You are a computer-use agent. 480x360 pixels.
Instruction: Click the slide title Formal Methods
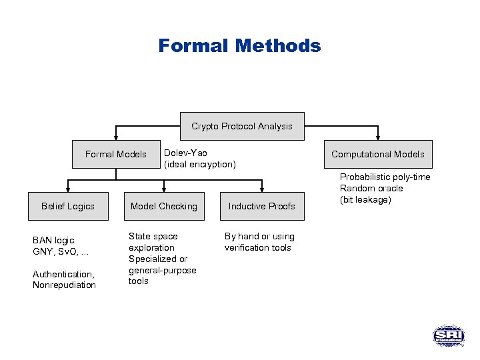tap(239, 46)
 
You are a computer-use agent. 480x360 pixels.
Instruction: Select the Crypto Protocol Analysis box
tap(242, 126)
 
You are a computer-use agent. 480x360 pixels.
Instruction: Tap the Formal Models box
tap(116, 154)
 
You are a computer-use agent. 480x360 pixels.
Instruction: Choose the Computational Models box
tap(378, 154)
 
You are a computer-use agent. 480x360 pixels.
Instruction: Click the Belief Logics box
tap(68, 206)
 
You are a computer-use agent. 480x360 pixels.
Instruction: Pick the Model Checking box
tap(164, 206)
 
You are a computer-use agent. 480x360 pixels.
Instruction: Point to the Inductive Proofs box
tap(261, 206)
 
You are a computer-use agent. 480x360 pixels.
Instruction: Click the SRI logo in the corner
tap(448, 335)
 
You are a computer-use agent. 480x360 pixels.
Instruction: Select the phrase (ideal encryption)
tap(200, 165)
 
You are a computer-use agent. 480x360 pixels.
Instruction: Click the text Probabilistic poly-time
tap(385, 177)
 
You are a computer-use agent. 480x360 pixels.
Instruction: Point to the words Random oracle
tap(371, 188)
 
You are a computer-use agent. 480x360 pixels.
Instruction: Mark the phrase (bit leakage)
tap(365, 199)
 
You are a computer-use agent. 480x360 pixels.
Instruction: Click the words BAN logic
tap(53, 240)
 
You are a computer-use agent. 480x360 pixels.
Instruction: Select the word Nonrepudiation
tap(64, 285)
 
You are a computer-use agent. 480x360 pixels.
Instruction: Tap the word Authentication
tap(63, 274)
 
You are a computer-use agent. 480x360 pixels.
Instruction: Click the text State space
tap(153, 236)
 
